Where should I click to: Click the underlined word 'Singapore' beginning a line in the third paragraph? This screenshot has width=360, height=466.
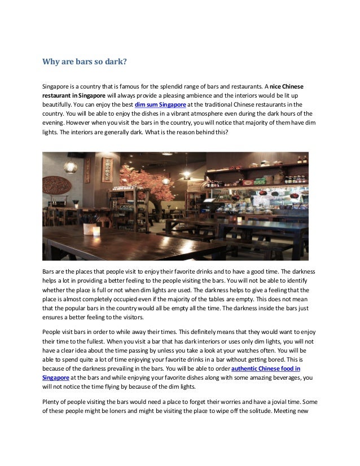56,377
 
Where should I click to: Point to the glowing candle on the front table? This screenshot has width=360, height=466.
95,230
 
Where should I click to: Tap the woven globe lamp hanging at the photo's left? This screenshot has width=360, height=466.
70,166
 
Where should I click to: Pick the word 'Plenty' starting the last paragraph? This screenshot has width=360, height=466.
52,402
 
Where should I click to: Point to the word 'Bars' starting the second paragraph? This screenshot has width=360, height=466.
49,272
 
